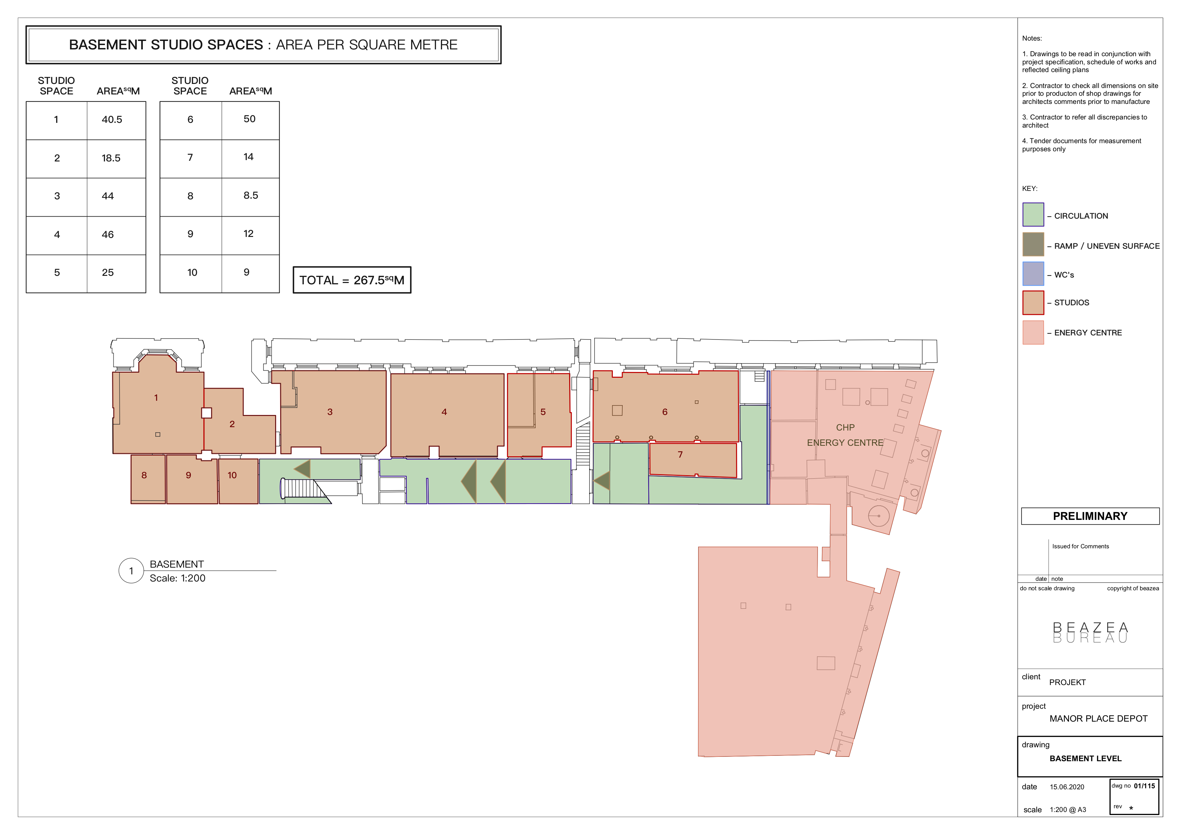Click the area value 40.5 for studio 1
coord(112,119)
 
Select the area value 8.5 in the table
coord(250,196)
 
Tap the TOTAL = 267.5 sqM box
coord(352,280)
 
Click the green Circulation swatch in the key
coord(1033,215)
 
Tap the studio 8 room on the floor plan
coord(148,479)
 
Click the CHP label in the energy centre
coord(845,427)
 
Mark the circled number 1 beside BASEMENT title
coord(131,571)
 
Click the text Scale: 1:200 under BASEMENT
coord(177,578)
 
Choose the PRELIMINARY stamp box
coord(1090,516)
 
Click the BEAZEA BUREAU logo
coord(1090,632)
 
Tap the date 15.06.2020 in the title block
coord(1067,787)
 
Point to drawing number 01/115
coord(1144,786)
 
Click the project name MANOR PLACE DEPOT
coord(1098,719)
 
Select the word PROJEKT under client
coord(1067,682)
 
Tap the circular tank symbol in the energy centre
coord(878,515)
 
